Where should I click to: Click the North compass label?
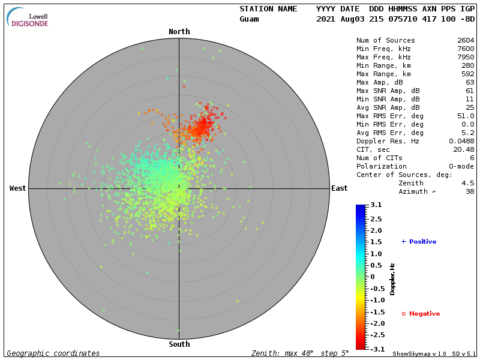click(179, 32)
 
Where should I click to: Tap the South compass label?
click(179, 344)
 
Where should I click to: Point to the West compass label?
click(18, 188)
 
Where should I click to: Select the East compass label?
click(340, 188)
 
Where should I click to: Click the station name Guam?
click(249, 19)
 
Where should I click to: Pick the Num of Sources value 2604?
click(466, 41)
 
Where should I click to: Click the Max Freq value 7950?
click(466, 58)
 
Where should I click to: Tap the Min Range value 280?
click(468, 66)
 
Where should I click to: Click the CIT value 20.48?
click(464, 150)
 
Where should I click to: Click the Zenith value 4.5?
click(468, 184)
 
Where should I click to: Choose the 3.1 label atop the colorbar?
click(376, 205)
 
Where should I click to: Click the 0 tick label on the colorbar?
click(372, 277)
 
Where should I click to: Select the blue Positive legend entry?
click(419, 242)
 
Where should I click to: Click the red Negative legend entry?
click(421, 314)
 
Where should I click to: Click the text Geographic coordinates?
click(53, 353)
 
